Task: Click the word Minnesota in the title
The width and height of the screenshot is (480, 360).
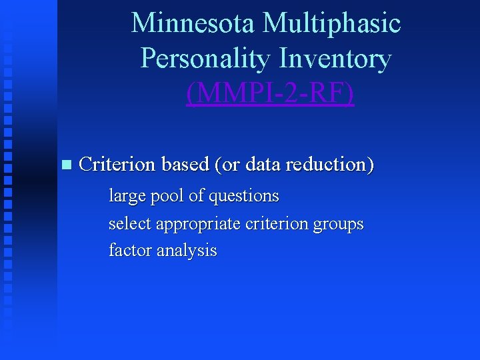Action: (x=193, y=23)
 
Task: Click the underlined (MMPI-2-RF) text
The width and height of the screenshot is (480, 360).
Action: (x=270, y=94)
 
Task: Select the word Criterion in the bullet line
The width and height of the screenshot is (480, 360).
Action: (x=117, y=163)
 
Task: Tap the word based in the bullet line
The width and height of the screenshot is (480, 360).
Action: (x=185, y=163)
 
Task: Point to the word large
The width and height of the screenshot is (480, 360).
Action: (x=125, y=197)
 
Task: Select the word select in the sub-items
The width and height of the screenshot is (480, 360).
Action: (x=129, y=224)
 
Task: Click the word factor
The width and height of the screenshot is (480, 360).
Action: (x=129, y=251)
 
